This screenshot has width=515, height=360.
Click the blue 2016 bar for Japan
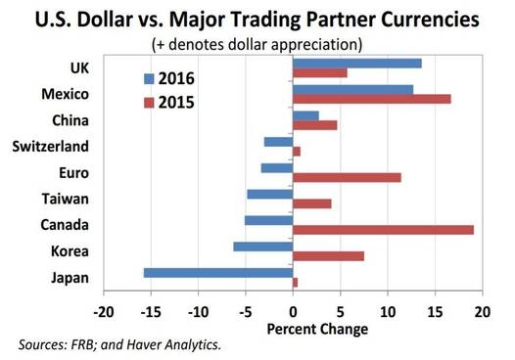coord(218,273)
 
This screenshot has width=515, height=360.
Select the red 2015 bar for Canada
coord(383,230)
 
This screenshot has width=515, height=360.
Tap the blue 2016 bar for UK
coord(357,64)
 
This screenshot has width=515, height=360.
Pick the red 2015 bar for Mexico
coord(372,99)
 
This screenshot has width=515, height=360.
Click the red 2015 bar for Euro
coord(347,177)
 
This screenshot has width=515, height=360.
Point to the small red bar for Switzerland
coord(297,152)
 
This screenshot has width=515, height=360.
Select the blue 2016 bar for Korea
coord(263,247)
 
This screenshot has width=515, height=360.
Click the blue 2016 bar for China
coord(305,115)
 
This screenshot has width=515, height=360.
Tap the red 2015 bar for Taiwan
coord(312,204)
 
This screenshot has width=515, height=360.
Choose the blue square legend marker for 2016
coord(149,79)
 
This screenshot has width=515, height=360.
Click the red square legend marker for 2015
coord(149,103)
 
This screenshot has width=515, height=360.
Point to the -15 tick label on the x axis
coord(151,312)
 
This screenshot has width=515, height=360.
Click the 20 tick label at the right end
coord(482,312)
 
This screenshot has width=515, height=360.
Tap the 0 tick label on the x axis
coord(293,312)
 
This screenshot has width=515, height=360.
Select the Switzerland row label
coord(51,147)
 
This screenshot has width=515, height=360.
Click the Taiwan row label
coord(65,199)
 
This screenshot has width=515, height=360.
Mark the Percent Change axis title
coord(317,329)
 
